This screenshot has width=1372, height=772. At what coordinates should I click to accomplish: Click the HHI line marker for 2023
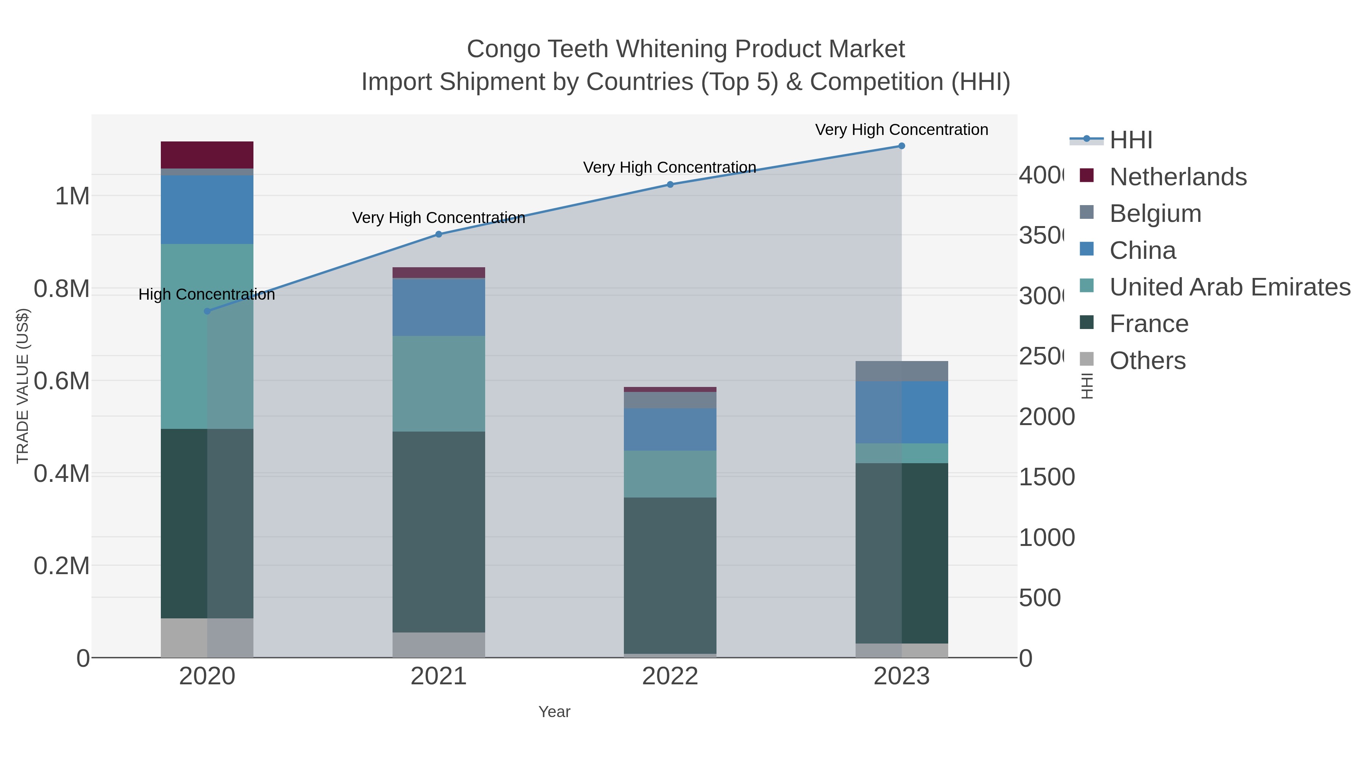click(x=901, y=146)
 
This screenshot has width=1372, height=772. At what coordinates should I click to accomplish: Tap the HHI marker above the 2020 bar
click(x=207, y=311)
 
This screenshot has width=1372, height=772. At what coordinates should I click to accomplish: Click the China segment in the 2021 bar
click(x=438, y=307)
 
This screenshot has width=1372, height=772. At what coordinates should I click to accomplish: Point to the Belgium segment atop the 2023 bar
click(x=901, y=371)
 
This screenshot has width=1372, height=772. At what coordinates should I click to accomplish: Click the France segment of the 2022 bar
click(x=670, y=575)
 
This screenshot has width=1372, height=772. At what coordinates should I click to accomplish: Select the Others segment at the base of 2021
click(x=438, y=645)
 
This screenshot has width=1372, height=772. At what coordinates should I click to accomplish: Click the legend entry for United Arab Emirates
click(x=1229, y=287)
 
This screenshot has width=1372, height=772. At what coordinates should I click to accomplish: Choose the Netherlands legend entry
click(x=1178, y=177)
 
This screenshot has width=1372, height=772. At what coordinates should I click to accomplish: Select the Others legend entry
click(x=1147, y=361)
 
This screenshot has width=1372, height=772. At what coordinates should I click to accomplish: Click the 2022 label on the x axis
click(x=670, y=677)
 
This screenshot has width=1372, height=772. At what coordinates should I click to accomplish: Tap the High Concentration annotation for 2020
click(x=207, y=295)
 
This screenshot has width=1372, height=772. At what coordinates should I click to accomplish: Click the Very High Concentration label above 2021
click(x=438, y=218)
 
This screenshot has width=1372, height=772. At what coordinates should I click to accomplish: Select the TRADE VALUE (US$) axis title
click(x=22, y=386)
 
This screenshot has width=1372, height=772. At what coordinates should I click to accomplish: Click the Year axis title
click(x=554, y=712)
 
